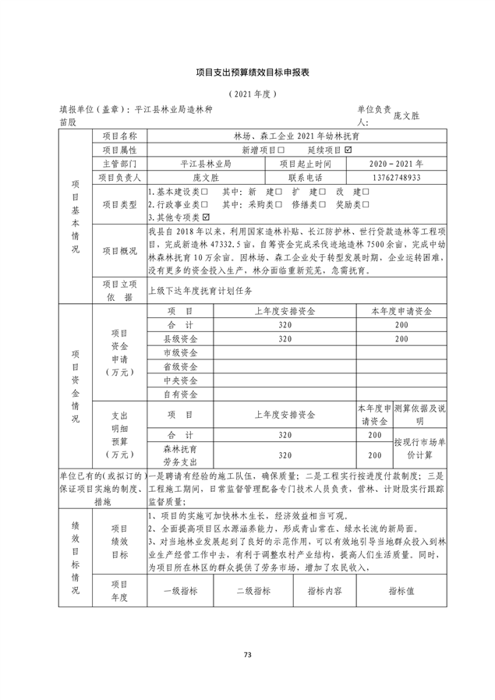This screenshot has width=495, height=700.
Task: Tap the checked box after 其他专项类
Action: point(206,217)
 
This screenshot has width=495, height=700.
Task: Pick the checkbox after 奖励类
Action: point(365,204)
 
